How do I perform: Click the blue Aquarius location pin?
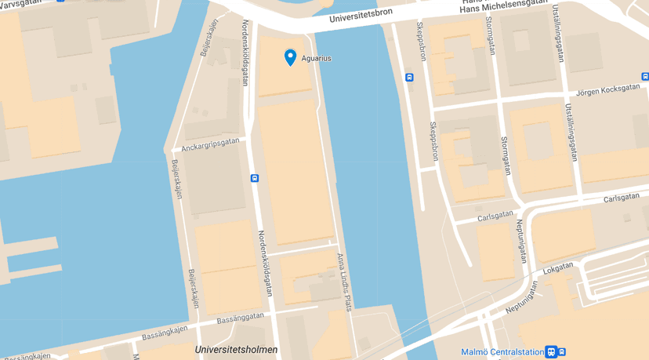[290, 57]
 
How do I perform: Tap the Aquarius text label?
[317, 59]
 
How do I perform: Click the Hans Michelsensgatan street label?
[504, 5]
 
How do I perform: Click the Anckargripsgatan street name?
[210, 144]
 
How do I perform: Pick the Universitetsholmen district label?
[236, 350]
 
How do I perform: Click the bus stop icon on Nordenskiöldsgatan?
[255, 178]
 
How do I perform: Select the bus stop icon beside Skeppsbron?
[408, 77]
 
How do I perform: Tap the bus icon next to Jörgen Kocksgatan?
[644, 77]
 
